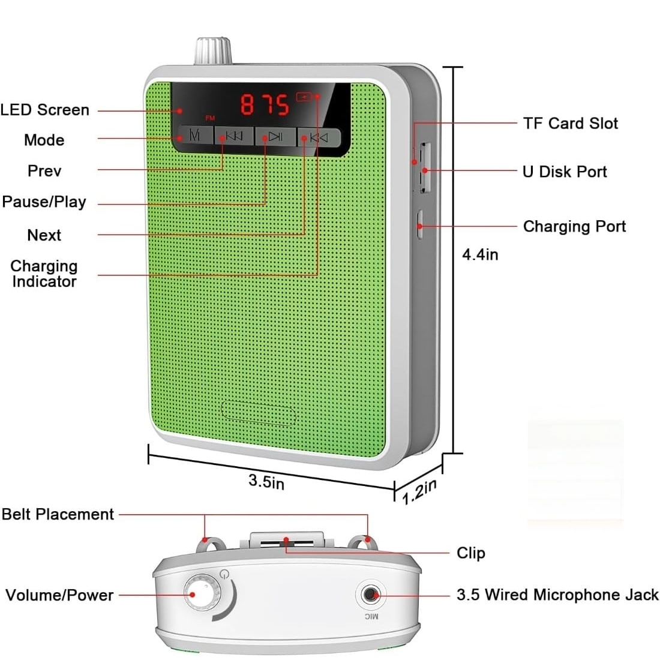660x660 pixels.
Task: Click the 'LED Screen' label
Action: coord(45,110)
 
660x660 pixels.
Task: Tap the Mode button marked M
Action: coord(194,136)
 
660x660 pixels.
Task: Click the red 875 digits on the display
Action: coord(265,104)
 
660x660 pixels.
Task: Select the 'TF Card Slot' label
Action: coord(570,123)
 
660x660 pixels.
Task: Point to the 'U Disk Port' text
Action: coord(565,172)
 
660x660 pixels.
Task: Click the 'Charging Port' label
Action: coord(574,226)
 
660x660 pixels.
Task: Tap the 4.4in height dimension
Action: coord(480,254)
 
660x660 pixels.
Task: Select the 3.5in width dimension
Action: coord(266,481)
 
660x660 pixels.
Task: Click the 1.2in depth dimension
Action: coord(419,491)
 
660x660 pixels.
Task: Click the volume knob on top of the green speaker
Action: coord(212,51)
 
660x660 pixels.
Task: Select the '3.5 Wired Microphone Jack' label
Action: coord(557,595)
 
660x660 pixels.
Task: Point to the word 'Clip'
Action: coord(470,553)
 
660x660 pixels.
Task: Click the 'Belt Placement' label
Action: coord(58,514)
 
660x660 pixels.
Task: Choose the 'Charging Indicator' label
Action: coord(44,274)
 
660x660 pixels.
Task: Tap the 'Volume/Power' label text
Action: coord(59,595)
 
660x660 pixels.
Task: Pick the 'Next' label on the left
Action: coord(44,235)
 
